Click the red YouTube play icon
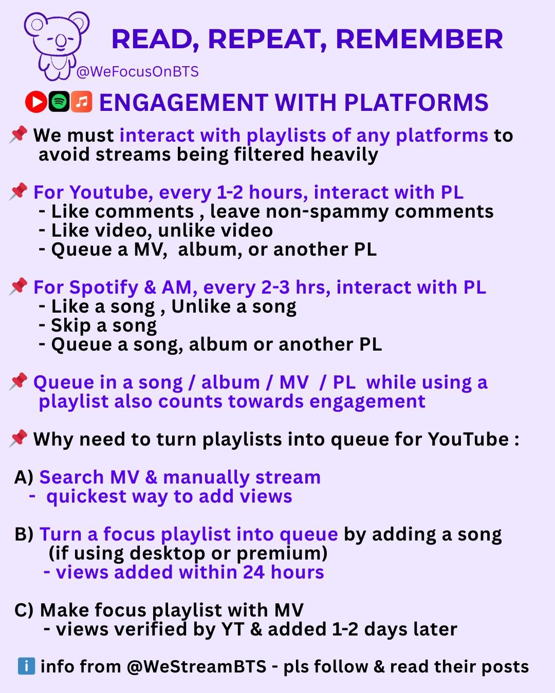coord(36,102)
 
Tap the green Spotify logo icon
coord(59,102)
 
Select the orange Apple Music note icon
coord(82,102)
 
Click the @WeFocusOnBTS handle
coord(138,71)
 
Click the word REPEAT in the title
coord(268,40)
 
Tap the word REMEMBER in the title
coord(419,39)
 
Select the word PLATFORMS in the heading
coord(416,102)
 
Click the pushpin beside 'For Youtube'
coord(18,191)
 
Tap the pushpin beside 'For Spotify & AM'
coord(18,286)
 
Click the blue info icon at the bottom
coord(26,666)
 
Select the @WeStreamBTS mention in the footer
coord(196,667)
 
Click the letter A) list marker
coord(24,477)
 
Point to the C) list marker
coord(24,610)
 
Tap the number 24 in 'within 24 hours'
coord(253,572)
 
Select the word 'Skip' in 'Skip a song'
coord(70,325)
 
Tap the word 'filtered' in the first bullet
coord(269,154)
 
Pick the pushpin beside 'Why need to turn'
coord(18,438)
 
